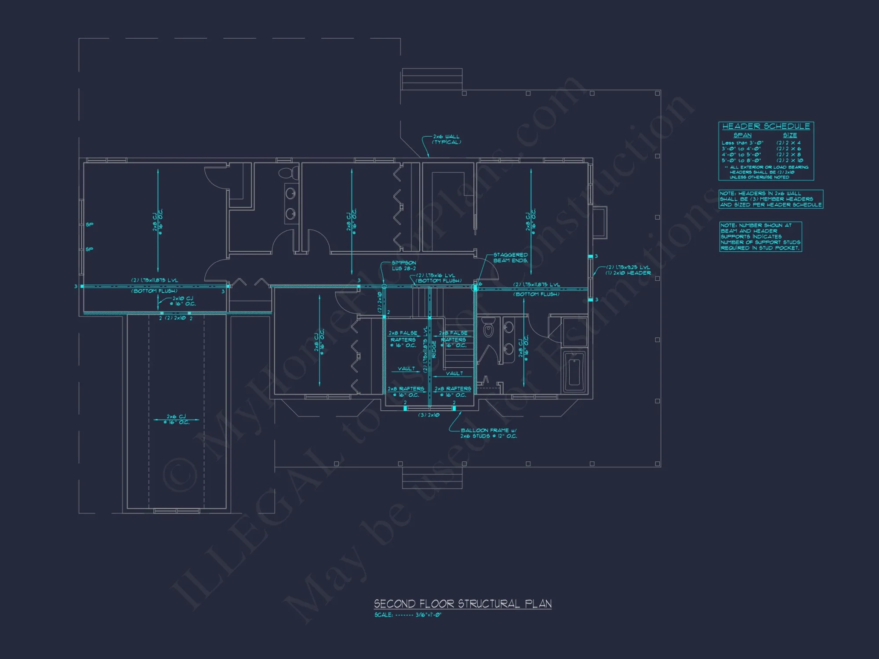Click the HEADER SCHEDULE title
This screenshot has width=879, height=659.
pyautogui.click(x=766, y=127)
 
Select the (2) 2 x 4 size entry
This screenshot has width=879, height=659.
pyautogui.click(x=788, y=143)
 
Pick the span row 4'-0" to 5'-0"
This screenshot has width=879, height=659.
pyautogui.click(x=741, y=155)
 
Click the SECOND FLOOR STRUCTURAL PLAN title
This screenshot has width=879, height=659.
pyautogui.click(x=462, y=604)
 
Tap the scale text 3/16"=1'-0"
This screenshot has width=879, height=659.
pyautogui.click(x=428, y=615)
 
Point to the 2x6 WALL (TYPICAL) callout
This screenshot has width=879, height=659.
pyautogui.click(x=446, y=139)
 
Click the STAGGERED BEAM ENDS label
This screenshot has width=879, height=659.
pyautogui.click(x=510, y=257)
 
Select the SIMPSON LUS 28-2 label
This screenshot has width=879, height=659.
pyautogui.click(x=403, y=265)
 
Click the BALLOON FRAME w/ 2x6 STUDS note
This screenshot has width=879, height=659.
pyautogui.click(x=488, y=433)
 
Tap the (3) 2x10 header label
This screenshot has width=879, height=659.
pyautogui.click(x=429, y=415)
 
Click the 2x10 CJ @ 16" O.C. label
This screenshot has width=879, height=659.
pyautogui.click(x=183, y=301)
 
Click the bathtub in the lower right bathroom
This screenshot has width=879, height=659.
pyautogui.click(x=574, y=372)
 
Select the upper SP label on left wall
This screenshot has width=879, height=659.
pyautogui.click(x=89, y=224)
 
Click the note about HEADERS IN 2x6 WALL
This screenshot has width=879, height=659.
pyautogui.click(x=770, y=199)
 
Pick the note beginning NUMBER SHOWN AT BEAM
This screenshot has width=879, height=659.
pyautogui.click(x=760, y=236)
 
